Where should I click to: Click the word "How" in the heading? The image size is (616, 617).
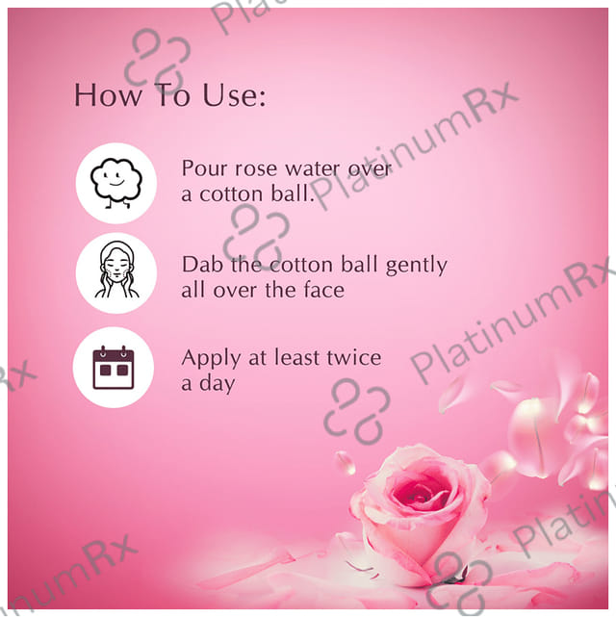(108, 95)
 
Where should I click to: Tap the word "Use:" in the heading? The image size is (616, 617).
(234, 95)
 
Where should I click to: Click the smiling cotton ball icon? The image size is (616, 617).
(116, 183)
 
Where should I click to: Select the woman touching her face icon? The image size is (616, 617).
(116, 270)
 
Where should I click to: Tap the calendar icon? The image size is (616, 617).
(114, 368)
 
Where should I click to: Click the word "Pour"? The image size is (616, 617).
(205, 168)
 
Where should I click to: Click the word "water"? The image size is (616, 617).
(313, 169)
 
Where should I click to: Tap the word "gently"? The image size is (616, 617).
(417, 266)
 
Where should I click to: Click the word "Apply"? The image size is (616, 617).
(211, 359)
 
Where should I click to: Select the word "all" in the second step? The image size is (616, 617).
(192, 290)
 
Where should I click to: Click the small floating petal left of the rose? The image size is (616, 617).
(345, 463)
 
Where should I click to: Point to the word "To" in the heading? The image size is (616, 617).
(171, 95)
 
